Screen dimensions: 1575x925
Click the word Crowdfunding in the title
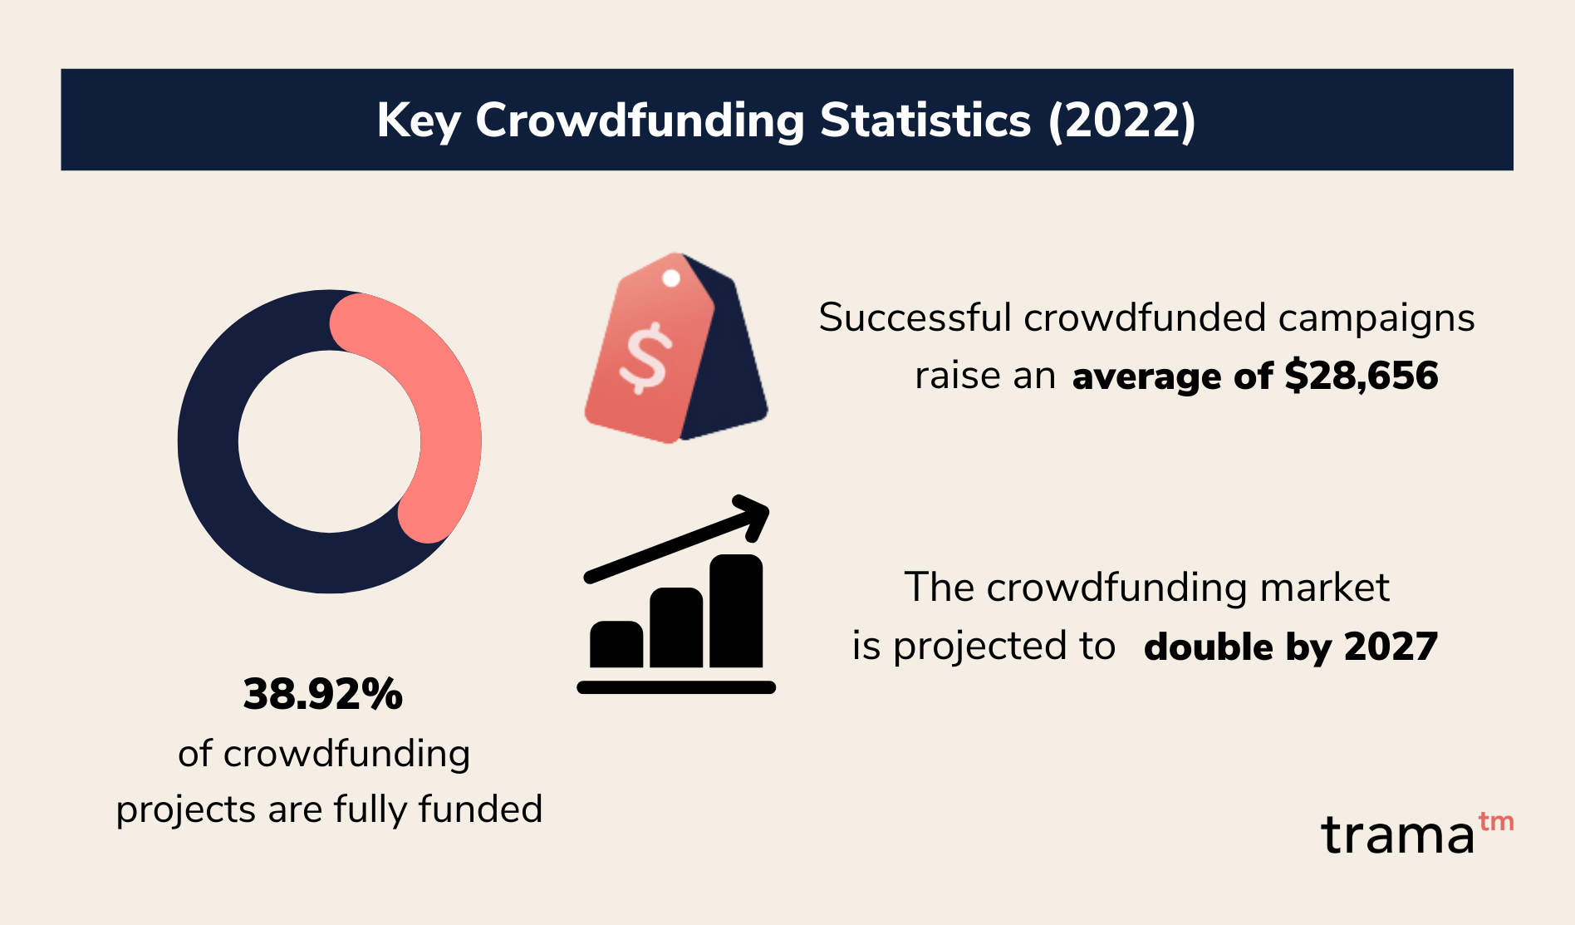coord(640,121)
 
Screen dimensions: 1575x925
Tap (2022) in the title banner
coord(1121,121)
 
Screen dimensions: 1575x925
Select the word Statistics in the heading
coord(925,121)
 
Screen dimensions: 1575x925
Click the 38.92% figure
coord(323,694)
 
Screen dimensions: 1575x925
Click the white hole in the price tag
coord(671,278)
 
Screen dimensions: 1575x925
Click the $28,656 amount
coord(1362,376)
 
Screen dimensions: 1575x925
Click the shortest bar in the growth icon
coord(616,644)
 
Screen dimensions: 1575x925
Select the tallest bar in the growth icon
coord(736,611)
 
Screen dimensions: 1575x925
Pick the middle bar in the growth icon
coord(676,627)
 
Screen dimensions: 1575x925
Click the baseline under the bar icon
coord(676,687)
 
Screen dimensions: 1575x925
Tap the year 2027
coord(1391,647)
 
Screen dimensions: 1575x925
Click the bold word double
coord(1209,647)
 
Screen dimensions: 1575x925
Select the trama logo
coord(1417,834)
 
